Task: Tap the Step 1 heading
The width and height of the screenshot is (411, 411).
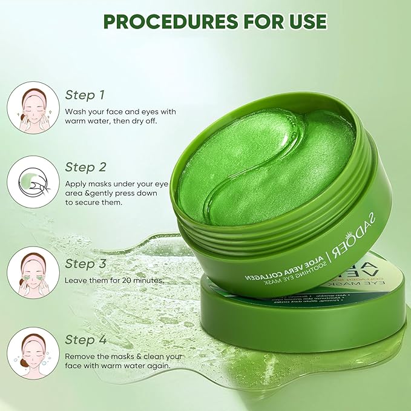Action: click(85, 95)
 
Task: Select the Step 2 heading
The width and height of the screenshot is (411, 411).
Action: click(85, 166)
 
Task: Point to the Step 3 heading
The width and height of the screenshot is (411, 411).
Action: click(85, 263)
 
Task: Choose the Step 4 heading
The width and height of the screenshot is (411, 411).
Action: click(85, 339)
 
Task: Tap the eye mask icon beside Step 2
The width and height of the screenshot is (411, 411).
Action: click(33, 181)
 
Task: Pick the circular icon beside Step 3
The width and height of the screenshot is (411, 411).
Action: click(33, 272)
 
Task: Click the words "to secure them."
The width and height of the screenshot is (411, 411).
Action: click(93, 202)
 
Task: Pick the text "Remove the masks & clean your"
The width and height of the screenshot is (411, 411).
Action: click(123, 356)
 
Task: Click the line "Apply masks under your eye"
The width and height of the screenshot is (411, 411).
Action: click(119, 183)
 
